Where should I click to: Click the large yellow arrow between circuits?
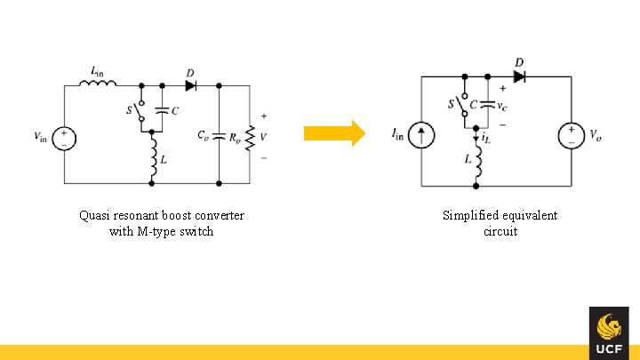click(x=334, y=133)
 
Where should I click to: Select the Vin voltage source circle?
click(x=64, y=138)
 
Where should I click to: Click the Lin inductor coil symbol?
click(x=98, y=85)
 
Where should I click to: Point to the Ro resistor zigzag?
click(x=251, y=137)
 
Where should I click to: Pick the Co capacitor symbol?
click(x=219, y=137)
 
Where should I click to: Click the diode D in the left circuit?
click(x=190, y=85)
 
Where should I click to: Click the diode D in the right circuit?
click(x=519, y=77)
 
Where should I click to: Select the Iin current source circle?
click(x=423, y=135)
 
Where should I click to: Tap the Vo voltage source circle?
click(x=570, y=135)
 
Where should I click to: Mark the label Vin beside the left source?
click(x=40, y=137)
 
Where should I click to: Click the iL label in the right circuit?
click(x=486, y=139)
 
